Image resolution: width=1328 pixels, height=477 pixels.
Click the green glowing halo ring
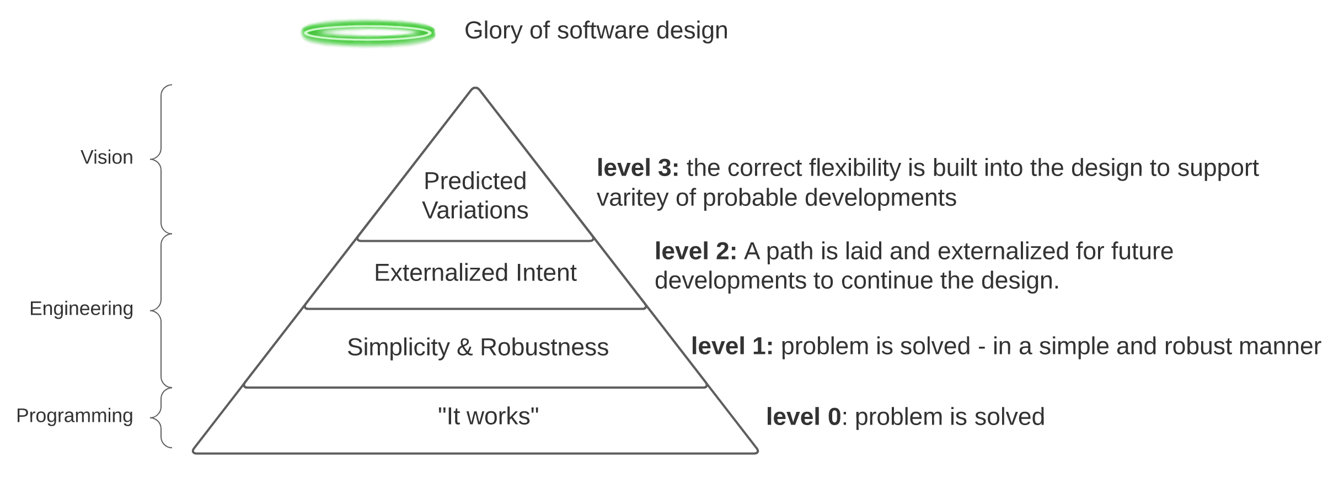coord(368,33)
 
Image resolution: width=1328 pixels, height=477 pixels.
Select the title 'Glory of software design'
coord(596,30)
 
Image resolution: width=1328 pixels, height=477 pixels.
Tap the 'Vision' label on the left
coord(107,157)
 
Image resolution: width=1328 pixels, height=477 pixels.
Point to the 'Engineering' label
coord(82,309)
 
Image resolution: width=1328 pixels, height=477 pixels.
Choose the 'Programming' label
coord(74,416)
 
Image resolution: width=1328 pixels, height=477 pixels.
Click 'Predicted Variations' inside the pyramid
coord(475,195)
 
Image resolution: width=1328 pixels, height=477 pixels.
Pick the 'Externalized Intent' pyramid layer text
coord(475,273)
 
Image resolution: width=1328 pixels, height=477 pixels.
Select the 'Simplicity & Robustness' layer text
coord(478,347)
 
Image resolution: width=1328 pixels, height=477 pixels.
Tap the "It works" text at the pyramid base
coord(488,416)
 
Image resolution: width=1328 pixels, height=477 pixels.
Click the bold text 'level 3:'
coord(638,168)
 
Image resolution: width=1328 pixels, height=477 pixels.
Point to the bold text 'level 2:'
coord(695,251)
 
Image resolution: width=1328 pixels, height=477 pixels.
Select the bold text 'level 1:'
coord(732,346)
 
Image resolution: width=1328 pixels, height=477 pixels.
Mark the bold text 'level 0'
coord(803,417)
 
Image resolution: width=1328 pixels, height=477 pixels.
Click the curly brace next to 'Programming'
coord(160,418)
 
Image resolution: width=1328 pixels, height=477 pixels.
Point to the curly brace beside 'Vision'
coord(160,160)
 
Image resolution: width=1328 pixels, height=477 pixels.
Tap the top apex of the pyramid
coord(475,88)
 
